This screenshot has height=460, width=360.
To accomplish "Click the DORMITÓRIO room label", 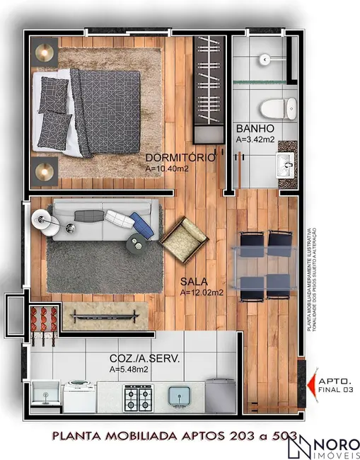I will pos(180,159).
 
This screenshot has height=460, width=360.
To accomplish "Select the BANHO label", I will pos(251,129).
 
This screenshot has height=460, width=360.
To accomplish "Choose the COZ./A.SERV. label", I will pos(144,359).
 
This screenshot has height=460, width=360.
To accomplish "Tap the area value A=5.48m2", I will pos(129,369).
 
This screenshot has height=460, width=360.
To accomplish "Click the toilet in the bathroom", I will pos(277,109).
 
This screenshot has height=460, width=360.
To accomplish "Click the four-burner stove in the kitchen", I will pos(138,398).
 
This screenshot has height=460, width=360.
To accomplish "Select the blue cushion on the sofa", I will pos(141,225).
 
